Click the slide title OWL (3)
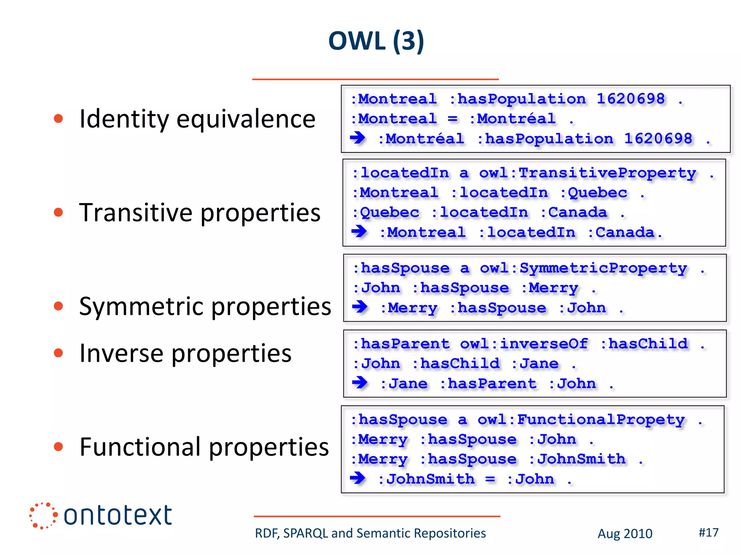pyautogui.click(x=376, y=41)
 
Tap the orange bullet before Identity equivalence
pyautogui.click(x=58, y=119)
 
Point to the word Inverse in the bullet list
pyautogui.click(x=121, y=353)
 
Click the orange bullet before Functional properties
pyautogui.click(x=58, y=447)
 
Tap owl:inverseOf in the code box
pyautogui.click(x=524, y=344)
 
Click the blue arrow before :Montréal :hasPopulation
pyautogui.click(x=358, y=138)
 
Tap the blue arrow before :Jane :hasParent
pyautogui.click(x=360, y=382)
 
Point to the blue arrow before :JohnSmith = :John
pyautogui.click(x=358, y=478)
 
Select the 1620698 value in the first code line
pyautogui.click(x=630, y=99)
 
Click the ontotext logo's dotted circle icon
pyautogui.click(x=43, y=516)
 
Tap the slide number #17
pyautogui.click(x=708, y=532)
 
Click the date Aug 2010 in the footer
pyautogui.click(x=625, y=534)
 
